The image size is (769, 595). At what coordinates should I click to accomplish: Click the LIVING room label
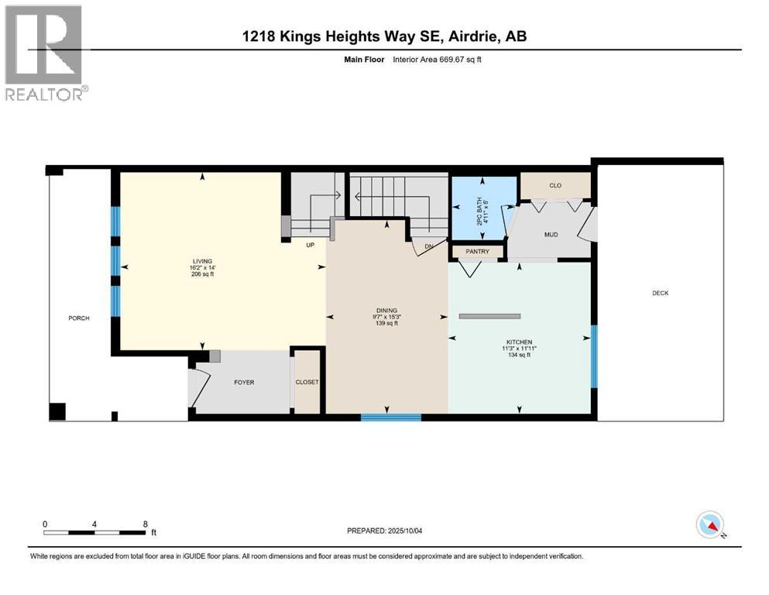[x=204, y=262]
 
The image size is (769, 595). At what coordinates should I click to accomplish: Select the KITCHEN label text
[x=519, y=342]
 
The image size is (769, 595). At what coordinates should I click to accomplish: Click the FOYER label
[x=244, y=382]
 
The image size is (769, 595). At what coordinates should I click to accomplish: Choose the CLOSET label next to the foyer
[x=307, y=382]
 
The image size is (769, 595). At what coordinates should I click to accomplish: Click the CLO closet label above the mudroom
[x=554, y=186]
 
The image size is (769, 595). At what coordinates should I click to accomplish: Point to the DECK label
[x=660, y=293]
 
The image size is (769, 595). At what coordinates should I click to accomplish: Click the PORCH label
[x=79, y=318]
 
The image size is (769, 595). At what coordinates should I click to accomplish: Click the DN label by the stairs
[x=428, y=247]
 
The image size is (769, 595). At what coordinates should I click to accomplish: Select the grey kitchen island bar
[x=489, y=316]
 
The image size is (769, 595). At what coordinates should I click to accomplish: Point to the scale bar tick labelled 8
[x=145, y=524]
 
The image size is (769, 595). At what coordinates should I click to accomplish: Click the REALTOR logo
[x=43, y=53]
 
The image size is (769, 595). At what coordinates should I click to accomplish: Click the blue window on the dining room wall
[x=391, y=417]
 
